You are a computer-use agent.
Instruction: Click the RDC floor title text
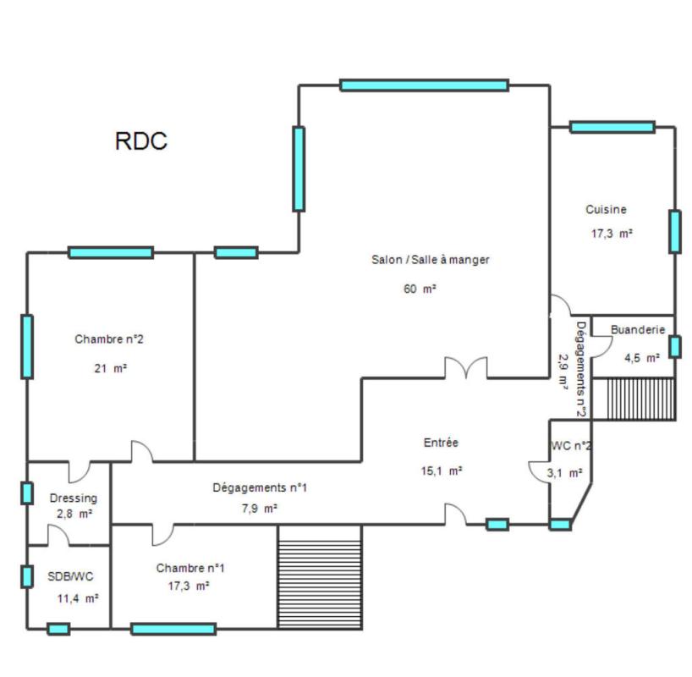[140, 141]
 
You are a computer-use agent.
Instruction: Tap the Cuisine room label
[606, 210]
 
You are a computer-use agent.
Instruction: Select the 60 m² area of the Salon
[420, 289]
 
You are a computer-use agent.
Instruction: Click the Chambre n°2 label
[109, 339]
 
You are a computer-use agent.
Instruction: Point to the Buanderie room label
[638, 330]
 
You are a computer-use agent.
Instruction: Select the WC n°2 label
[571, 446]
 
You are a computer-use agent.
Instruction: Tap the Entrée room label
[441, 443]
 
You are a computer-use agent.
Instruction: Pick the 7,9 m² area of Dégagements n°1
[259, 509]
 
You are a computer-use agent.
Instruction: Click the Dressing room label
[73, 498]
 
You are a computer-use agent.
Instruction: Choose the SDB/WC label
[71, 576]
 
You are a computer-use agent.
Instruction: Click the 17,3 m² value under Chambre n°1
[189, 586]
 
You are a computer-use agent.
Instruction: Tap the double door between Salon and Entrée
[466, 368]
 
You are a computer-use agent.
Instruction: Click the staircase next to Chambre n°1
[319, 576]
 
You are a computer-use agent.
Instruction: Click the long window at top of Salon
[424, 85]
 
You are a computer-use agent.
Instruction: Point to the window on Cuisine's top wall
[612, 127]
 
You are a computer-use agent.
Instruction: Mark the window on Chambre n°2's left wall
[27, 346]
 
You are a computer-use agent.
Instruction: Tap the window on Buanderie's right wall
[674, 346]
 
